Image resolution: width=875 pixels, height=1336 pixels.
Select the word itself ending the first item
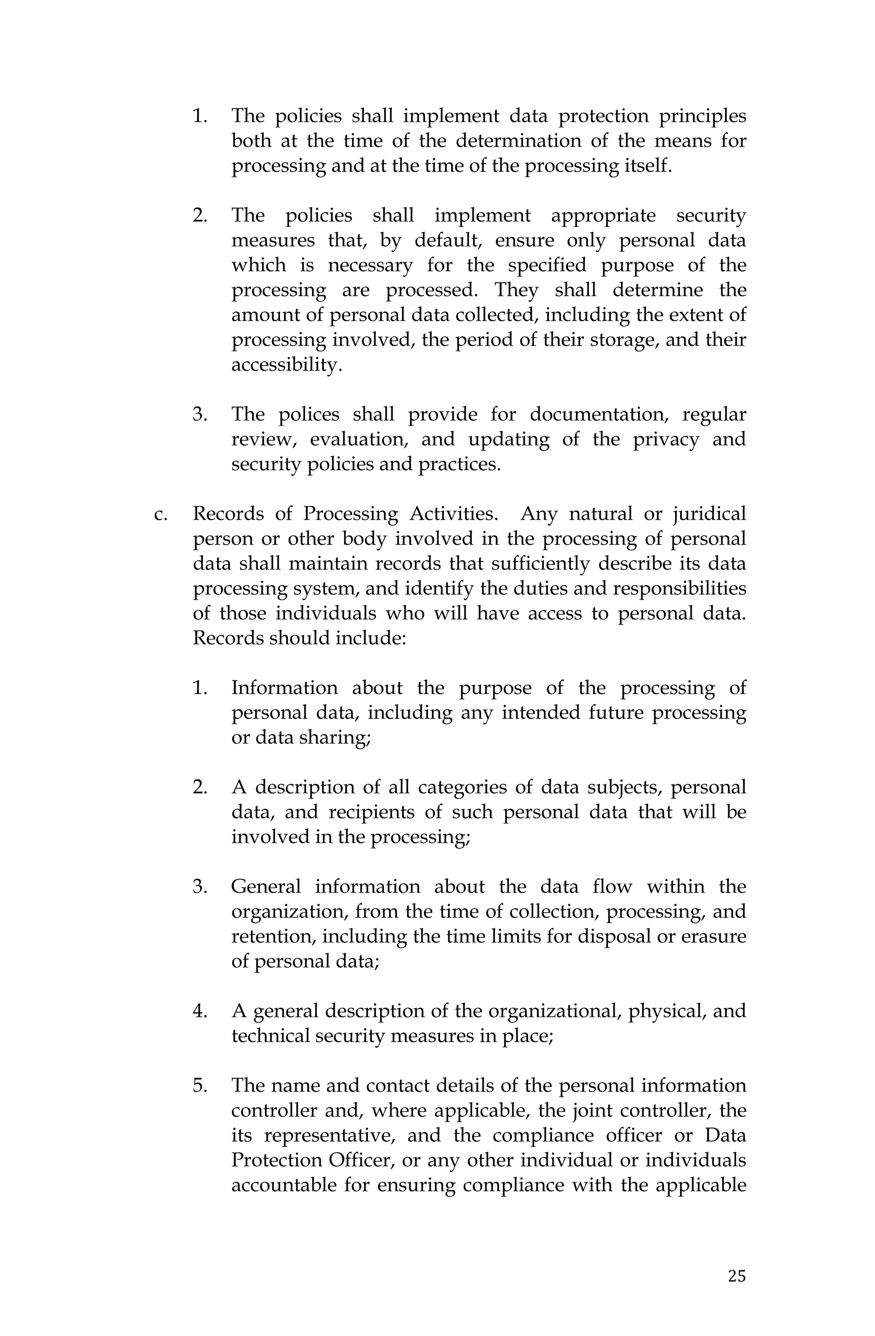tap(648, 166)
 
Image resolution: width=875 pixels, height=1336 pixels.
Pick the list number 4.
tap(200, 1011)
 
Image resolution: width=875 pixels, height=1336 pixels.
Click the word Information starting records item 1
tap(284, 688)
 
